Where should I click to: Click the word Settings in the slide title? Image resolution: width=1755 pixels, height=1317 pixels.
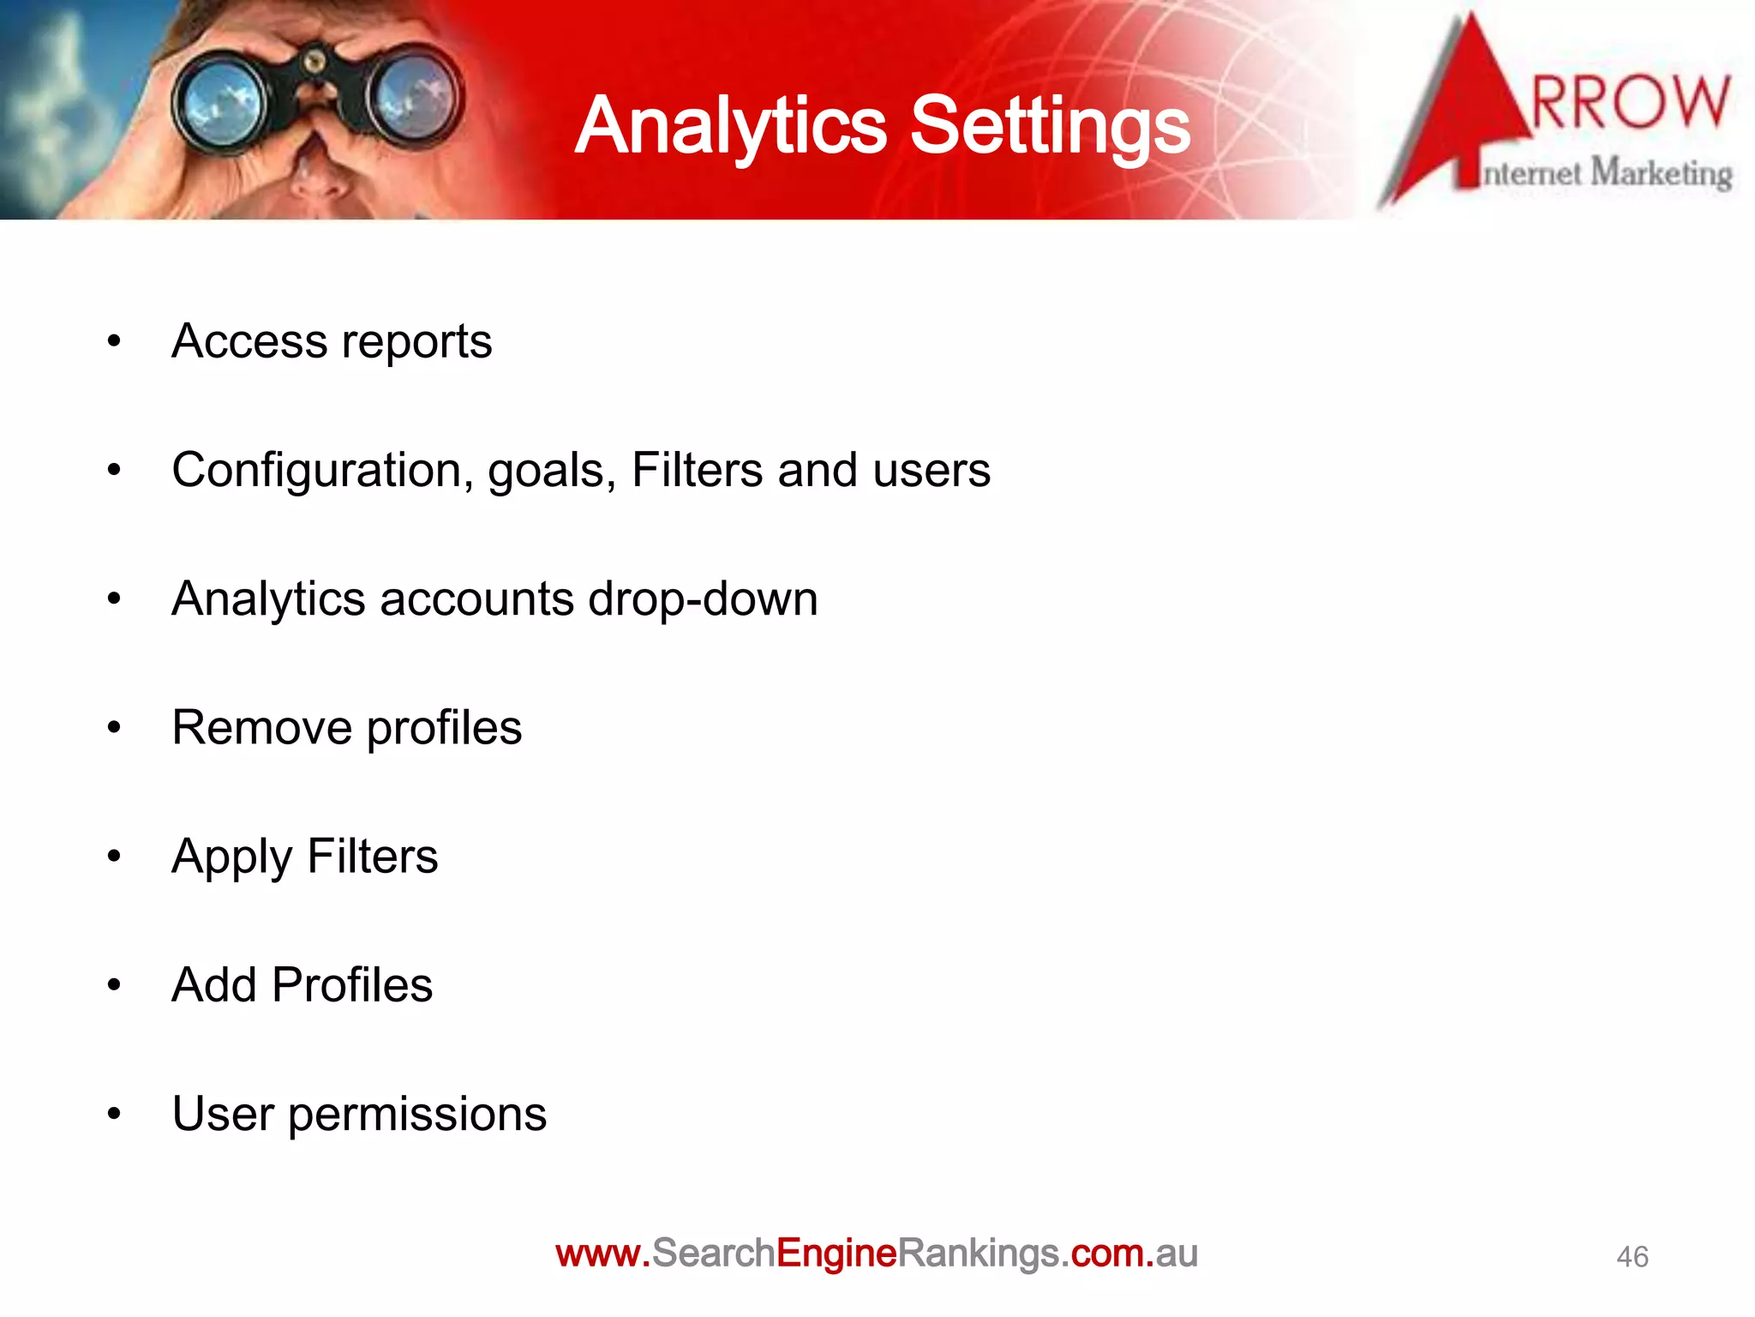click(1049, 127)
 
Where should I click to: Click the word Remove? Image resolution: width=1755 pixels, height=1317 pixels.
click(261, 728)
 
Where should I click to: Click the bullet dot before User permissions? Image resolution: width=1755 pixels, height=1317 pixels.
click(114, 1114)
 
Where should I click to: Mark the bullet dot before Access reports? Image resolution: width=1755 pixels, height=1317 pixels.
click(114, 341)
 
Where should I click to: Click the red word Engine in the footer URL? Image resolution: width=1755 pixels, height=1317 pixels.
click(836, 1254)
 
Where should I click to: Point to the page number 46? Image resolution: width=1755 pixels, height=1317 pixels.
click(1632, 1257)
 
